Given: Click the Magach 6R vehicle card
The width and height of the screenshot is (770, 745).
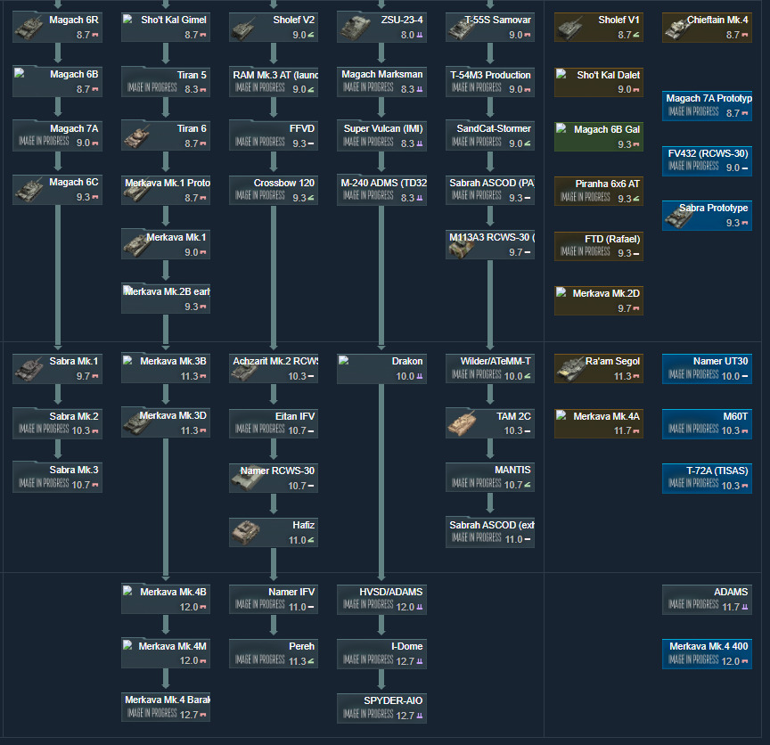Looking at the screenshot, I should (58, 28).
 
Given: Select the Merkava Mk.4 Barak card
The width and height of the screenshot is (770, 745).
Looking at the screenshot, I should (166, 707).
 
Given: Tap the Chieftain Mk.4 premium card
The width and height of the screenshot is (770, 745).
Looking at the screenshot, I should (707, 28).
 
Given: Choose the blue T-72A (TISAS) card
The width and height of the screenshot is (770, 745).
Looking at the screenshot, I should (707, 478).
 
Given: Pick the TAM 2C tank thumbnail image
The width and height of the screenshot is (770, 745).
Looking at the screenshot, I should (463, 422).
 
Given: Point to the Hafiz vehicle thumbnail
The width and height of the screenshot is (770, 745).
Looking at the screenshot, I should (247, 533).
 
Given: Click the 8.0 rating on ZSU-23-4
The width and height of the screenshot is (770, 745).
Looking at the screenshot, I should (407, 35).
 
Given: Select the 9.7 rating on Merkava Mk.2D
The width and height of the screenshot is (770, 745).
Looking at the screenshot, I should (624, 308).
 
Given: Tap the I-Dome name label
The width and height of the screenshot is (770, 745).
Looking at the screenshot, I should (406, 646).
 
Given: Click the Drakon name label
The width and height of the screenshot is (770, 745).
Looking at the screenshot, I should (407, 361).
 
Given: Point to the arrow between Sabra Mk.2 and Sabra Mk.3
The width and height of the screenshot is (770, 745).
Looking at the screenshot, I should (58, 449).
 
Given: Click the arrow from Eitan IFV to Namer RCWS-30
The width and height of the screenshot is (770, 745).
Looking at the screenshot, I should (274, 449).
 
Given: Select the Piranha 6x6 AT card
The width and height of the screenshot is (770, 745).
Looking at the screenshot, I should (598, 191).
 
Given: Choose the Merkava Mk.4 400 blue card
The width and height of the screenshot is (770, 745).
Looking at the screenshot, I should (707, 653).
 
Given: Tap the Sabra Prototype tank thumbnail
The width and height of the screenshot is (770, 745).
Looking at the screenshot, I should (679, 215).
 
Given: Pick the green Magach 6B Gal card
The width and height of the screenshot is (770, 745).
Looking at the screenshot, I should (598, 136).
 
